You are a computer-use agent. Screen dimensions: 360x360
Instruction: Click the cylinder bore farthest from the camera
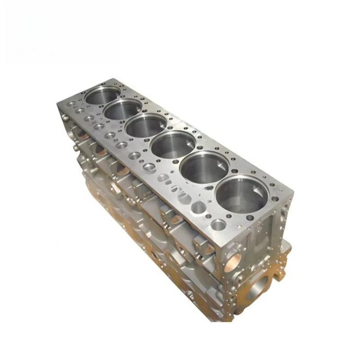pyautogui.click(x=103, y=95)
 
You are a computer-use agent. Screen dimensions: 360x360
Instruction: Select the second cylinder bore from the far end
pyautogui.click(x=123, y=109)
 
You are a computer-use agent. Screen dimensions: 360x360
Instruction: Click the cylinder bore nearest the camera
pyautogui.click(x=242, y=194)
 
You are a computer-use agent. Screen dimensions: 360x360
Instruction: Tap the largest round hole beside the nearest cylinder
pyautogui.click(x=219, y=224)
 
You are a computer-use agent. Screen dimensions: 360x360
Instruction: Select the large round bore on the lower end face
pyautogui.click(x=263, y=284)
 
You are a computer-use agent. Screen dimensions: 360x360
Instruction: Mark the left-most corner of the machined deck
pyautogui.click(x=57, y=104)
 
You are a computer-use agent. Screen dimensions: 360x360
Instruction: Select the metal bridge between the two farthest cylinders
pyautogui.click(x=113, y=102)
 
